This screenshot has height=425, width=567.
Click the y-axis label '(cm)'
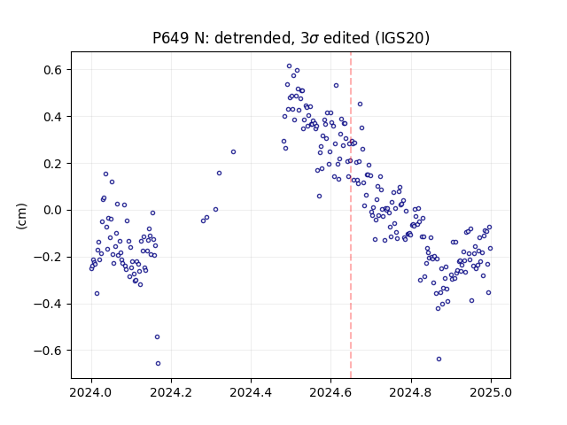pos(21,216)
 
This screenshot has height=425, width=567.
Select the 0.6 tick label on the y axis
pos(53,70)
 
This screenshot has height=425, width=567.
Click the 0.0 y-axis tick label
pos(53,210)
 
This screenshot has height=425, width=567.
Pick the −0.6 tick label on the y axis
pos(49,351)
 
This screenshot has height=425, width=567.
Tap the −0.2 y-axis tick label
pos(49,257)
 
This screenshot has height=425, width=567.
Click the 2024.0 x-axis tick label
pos(91,392)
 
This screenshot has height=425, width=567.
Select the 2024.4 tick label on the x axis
pos(251,392)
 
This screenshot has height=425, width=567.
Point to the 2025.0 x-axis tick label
pos(491,392)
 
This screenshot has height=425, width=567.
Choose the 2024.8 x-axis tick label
pos(411,392)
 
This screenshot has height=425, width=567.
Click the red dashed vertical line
pos(351,215)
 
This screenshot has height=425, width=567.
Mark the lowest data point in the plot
pos(158,363)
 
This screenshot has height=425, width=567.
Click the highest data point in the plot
pos(289,66)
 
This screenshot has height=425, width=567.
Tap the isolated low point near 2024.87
pos(439,359)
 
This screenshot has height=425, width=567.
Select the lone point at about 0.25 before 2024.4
pos(233,151)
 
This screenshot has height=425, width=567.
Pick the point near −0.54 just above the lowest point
pos(157,336)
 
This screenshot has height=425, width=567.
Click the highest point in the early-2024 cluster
pos(105,174)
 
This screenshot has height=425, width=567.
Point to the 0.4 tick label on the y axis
pos(53,117)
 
